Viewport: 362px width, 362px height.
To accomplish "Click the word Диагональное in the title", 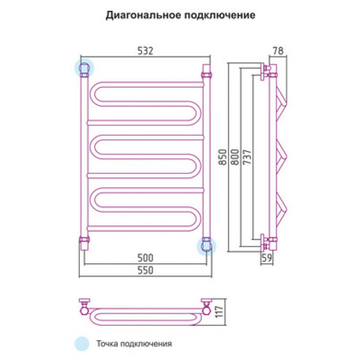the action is (x=143, y=15).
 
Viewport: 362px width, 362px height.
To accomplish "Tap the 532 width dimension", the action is (x=145, y=51).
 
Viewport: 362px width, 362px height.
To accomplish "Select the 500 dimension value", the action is (x=145, y=258).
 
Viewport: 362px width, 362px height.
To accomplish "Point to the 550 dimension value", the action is (x=145, y=270).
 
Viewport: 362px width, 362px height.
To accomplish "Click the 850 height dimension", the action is (x=223, y=157).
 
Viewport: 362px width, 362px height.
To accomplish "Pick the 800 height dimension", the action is (x=235, y=157).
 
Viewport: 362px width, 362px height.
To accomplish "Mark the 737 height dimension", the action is (x=247, y=157).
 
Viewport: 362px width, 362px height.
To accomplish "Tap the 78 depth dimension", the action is (x=278, y=51).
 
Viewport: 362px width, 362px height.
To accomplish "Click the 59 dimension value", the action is (x=267, y=258).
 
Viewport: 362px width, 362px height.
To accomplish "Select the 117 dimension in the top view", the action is (x=219, y=311).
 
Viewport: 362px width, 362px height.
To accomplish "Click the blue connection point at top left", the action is (x=84, y=68).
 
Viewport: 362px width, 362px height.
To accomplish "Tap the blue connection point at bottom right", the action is (x=206, y=246).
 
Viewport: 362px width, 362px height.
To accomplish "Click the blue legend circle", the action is (x=82, y=344).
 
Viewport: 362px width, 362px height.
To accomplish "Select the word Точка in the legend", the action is (x=108, y=344).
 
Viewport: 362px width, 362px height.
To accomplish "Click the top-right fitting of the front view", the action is (x=207, y=71).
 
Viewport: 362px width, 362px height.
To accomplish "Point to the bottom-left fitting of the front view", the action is (x=84, y=243).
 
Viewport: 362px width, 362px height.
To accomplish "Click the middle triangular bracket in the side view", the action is (x=282, y=157).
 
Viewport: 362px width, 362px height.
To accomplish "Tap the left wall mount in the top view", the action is (x=84, y=306).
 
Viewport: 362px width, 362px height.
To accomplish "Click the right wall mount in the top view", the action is (x=206, y=306).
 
